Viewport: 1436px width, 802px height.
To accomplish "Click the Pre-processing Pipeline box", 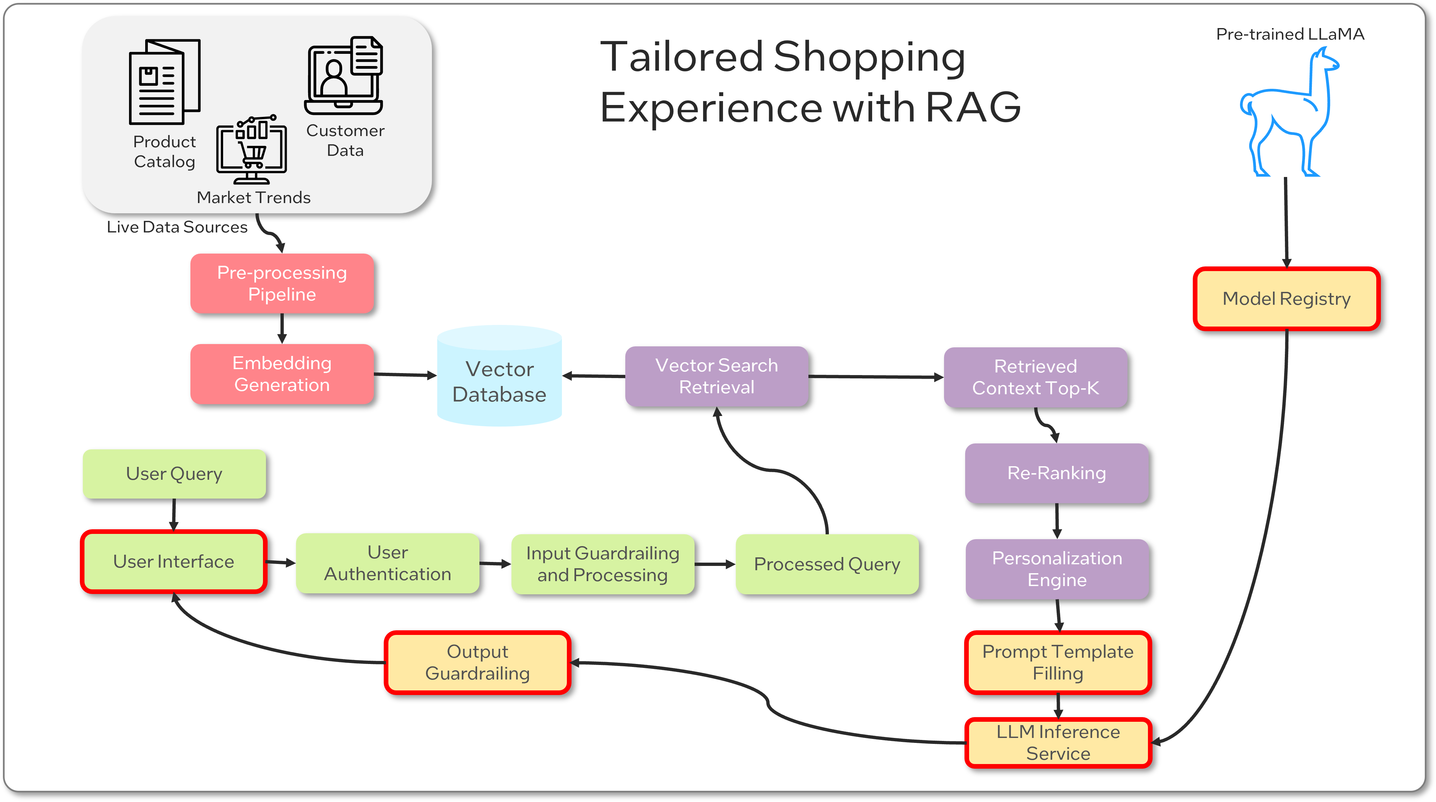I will [282, 283].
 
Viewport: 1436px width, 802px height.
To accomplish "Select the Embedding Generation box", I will [282, 374].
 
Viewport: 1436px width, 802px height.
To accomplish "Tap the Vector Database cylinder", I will [500, 379].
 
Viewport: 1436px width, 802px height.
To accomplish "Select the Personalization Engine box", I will [1057, 569].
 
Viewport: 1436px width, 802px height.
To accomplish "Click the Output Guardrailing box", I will [477, 663].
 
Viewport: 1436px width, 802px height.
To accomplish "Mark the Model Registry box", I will [1286, 299].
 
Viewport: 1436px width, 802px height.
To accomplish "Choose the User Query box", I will [174, 473].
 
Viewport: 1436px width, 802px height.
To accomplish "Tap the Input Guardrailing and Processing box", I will [603, 564].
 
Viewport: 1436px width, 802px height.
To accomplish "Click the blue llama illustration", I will [1288, 117].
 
